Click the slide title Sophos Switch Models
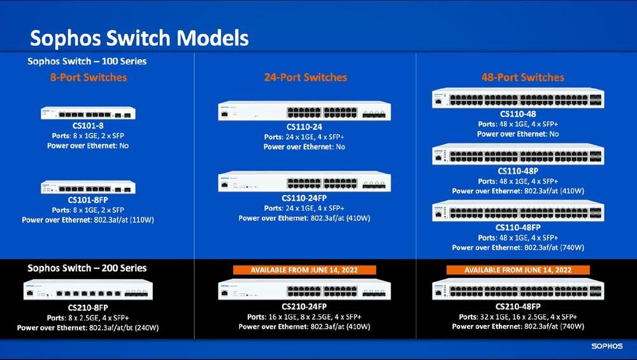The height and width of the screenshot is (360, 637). coord(139,38)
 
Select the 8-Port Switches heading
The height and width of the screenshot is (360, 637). coord(89,77)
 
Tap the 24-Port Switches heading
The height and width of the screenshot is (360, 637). coord(306,77)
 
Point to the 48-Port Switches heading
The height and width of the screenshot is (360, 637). coord(522,77)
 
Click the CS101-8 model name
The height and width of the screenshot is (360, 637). coord(88,126)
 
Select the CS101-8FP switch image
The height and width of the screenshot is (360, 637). coord(88,187)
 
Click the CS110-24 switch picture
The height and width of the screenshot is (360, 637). coord(304,111)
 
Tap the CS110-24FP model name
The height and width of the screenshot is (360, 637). coord(304,198)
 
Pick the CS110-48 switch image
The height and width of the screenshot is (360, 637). coord(518,98)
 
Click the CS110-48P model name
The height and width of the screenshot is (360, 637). coord(518,171)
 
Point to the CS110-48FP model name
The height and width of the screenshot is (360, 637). coord(518,227)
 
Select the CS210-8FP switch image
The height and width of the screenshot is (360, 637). coord(88,290)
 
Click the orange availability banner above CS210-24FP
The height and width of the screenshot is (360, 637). coord(304,270)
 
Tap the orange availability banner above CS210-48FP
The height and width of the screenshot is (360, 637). coord(518,270)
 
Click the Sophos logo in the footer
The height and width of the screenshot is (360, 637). coord(607,346)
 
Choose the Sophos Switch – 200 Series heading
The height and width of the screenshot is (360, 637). coord(87,268)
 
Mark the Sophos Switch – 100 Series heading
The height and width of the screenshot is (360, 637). coord(87,61)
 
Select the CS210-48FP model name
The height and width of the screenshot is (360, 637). coord(518,306)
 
